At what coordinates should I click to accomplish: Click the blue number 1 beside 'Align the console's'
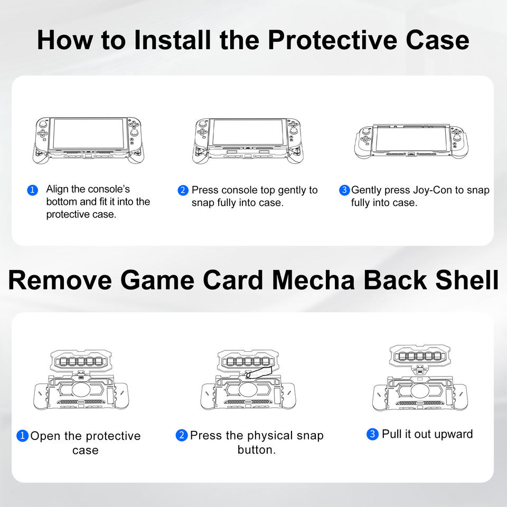pyautogui.click(x=33, y=190)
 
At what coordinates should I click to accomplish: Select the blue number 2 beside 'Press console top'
pyautogui.click(x=183, y=190)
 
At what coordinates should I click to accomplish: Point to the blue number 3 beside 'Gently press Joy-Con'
pyautogui.click(x=344, y=190)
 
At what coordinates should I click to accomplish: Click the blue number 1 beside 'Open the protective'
pyautogui.click(x=22, y=436)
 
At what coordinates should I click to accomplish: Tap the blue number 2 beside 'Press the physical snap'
pyautogui.click(x=182, y=436)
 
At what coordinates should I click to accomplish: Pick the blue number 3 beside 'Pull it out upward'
pyautogui.click(x=372, y=435)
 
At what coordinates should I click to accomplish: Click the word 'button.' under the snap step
pyautogui.click(x=256, y=450)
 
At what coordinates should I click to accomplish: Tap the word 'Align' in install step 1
pyautogui.click(x=58, y=189)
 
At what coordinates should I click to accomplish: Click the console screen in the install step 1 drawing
pyautogui.click(x=89, y=134)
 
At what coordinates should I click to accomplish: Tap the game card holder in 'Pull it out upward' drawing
pyautogui.click(x=420, y=355)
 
